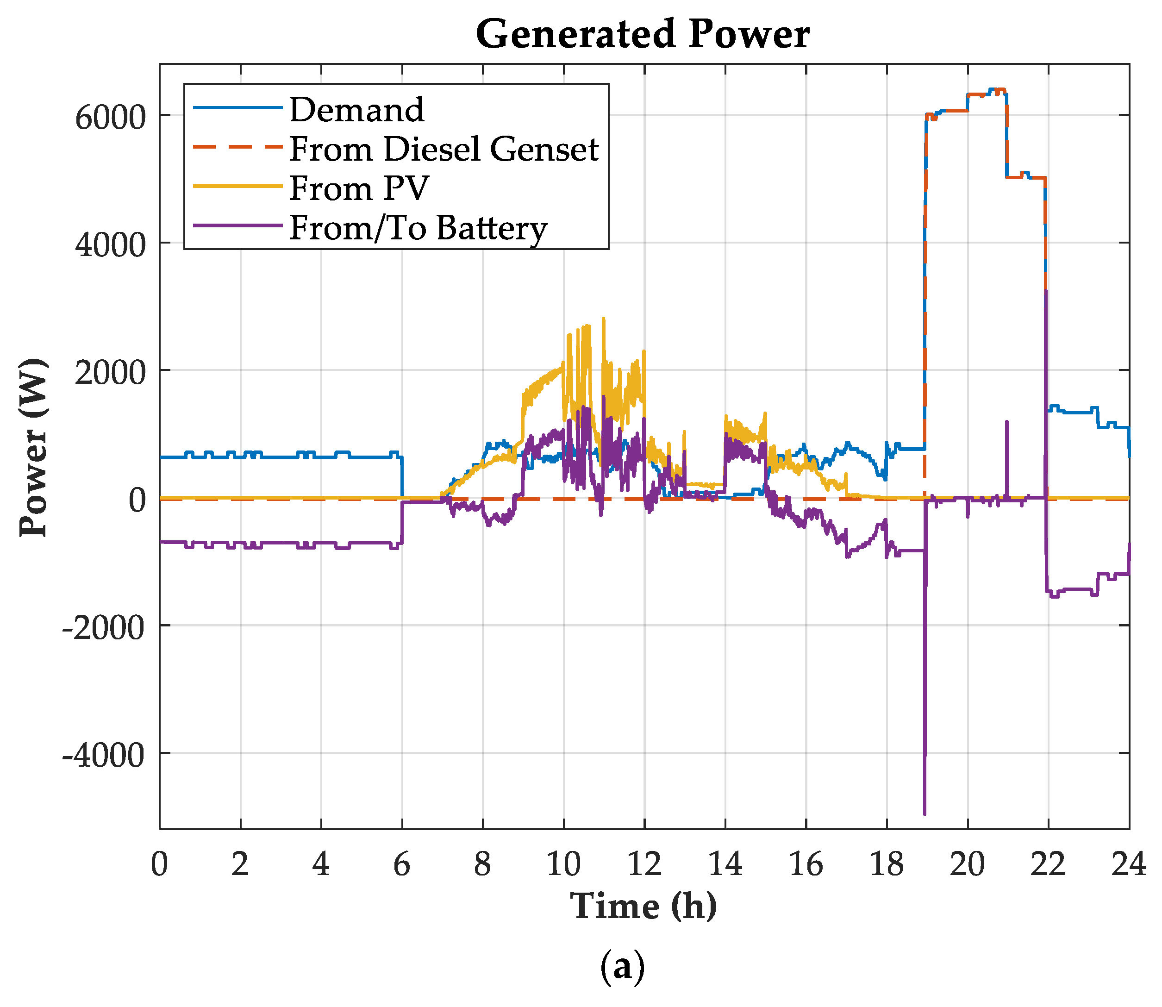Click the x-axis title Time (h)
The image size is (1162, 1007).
[643, 906]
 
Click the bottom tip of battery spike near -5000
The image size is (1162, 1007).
[925, 813]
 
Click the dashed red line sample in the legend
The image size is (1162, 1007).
[237, 147]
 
